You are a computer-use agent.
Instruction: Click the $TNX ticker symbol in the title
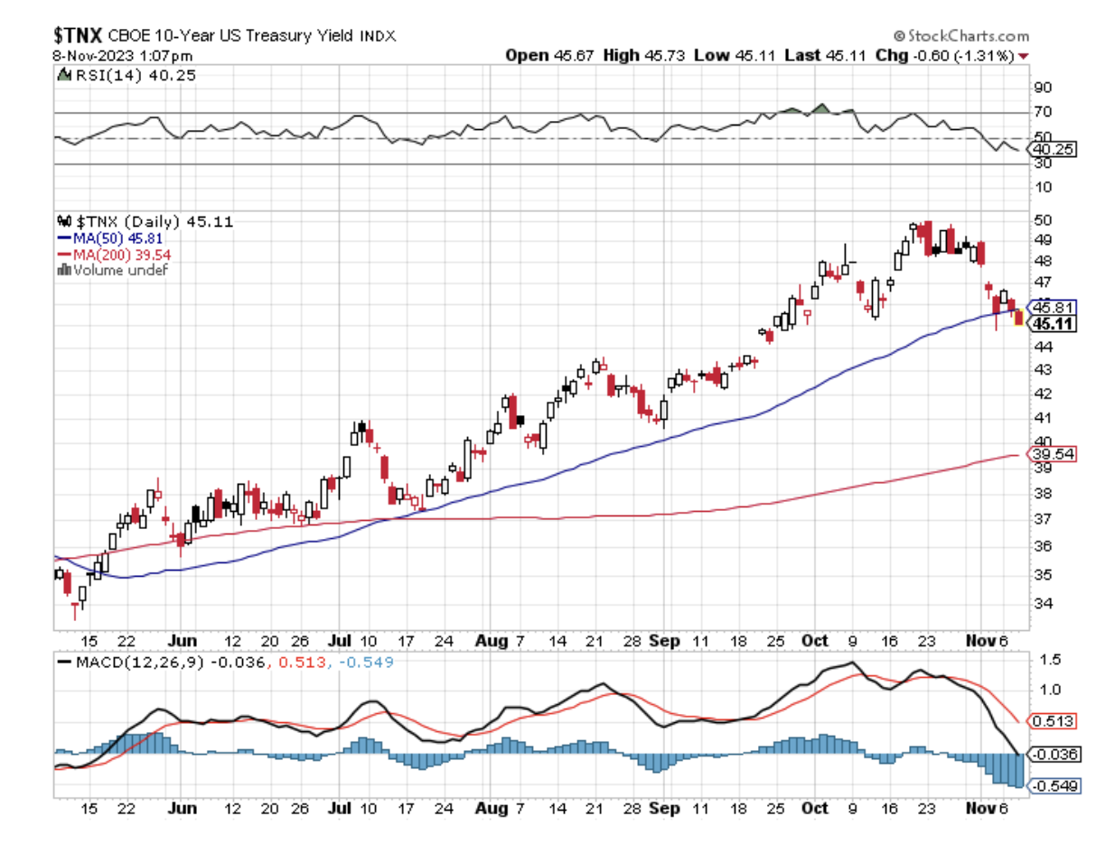click(78, 35)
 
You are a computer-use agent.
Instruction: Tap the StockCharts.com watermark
click(961, 36)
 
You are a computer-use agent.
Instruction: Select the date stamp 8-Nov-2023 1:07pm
click(122, 55)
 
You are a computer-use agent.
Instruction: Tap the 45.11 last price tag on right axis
click(1054, 324)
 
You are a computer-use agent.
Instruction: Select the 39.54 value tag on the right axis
click(1054, 454)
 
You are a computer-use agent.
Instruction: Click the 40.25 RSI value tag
click(1054, 149)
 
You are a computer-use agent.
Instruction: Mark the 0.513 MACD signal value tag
click(1054, 721)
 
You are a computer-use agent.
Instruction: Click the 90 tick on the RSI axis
click(1043, 88)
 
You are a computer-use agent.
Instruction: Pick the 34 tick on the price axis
click(1043, 603)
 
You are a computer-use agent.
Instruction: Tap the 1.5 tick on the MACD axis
click(1050, 660)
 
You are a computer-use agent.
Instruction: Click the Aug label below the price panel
click(492, 641)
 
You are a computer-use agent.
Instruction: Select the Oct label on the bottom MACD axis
click(815, 808)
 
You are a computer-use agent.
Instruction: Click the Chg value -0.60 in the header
click(930, 55)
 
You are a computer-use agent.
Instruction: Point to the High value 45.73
click(664, 55)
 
